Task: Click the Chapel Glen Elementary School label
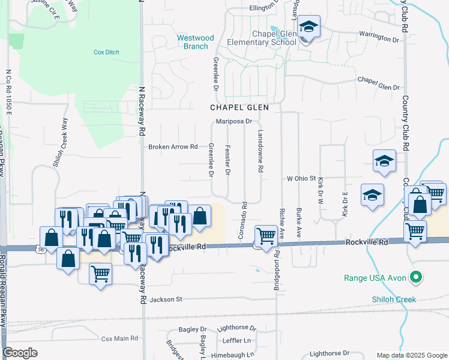coord(262,38)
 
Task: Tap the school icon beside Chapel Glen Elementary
coord(309,28)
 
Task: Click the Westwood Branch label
coord(196,42)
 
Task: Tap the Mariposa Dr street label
coord(234,121)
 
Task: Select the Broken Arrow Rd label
coord(173,147)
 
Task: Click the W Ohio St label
coord(301,179)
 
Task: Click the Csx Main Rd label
coord(119,339)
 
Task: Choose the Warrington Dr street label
coord(379,37)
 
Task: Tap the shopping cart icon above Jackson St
coord(100,274)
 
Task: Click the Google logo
coord(20,353)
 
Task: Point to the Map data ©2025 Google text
coord(411,355)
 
